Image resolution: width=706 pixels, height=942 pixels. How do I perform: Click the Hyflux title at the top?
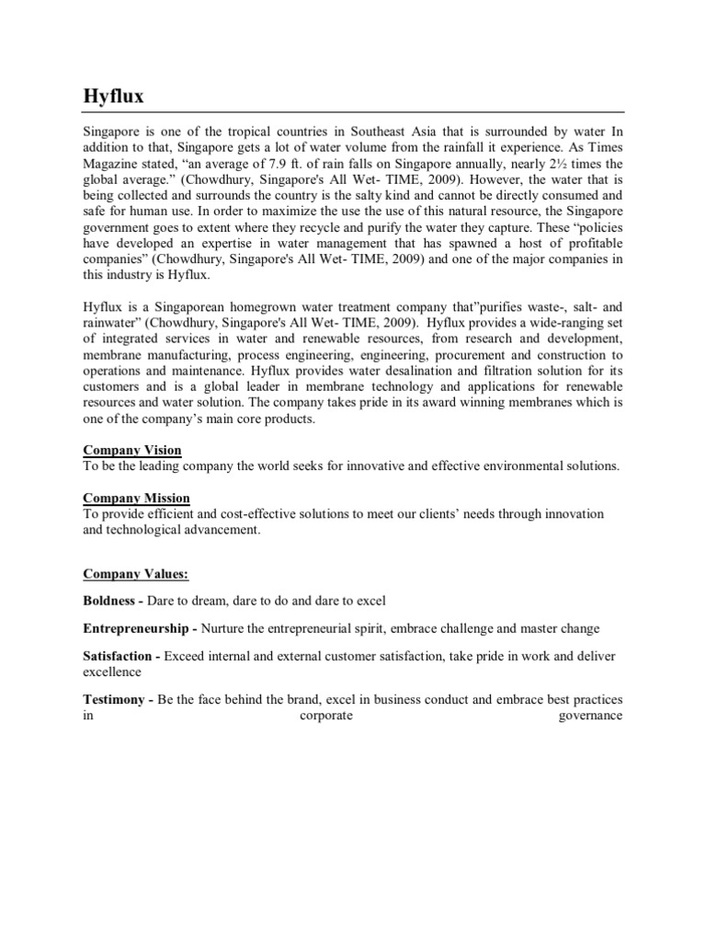coord(113,96)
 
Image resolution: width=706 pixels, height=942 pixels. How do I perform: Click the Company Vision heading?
coord(132,451)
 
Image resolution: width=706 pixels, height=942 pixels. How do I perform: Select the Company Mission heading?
coord(137,499)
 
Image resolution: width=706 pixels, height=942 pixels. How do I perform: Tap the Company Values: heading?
coord(136,574)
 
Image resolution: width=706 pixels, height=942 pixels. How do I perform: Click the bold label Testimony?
coord(114,701)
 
